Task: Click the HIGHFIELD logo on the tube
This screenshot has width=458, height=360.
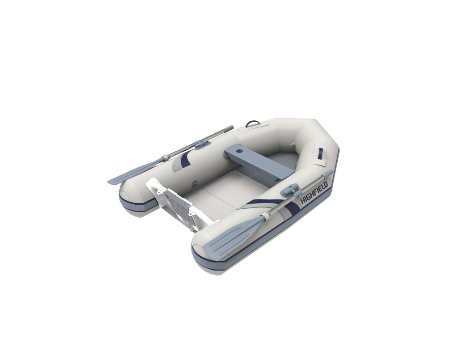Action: (x=314, y=193)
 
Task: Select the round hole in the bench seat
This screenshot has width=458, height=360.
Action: (x=240, y=152)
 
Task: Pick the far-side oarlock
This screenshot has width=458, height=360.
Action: (x=202, y=144)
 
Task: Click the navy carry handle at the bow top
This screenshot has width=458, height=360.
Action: (x=253, y=123)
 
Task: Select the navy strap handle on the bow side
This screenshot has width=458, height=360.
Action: (x=320, y=152)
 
